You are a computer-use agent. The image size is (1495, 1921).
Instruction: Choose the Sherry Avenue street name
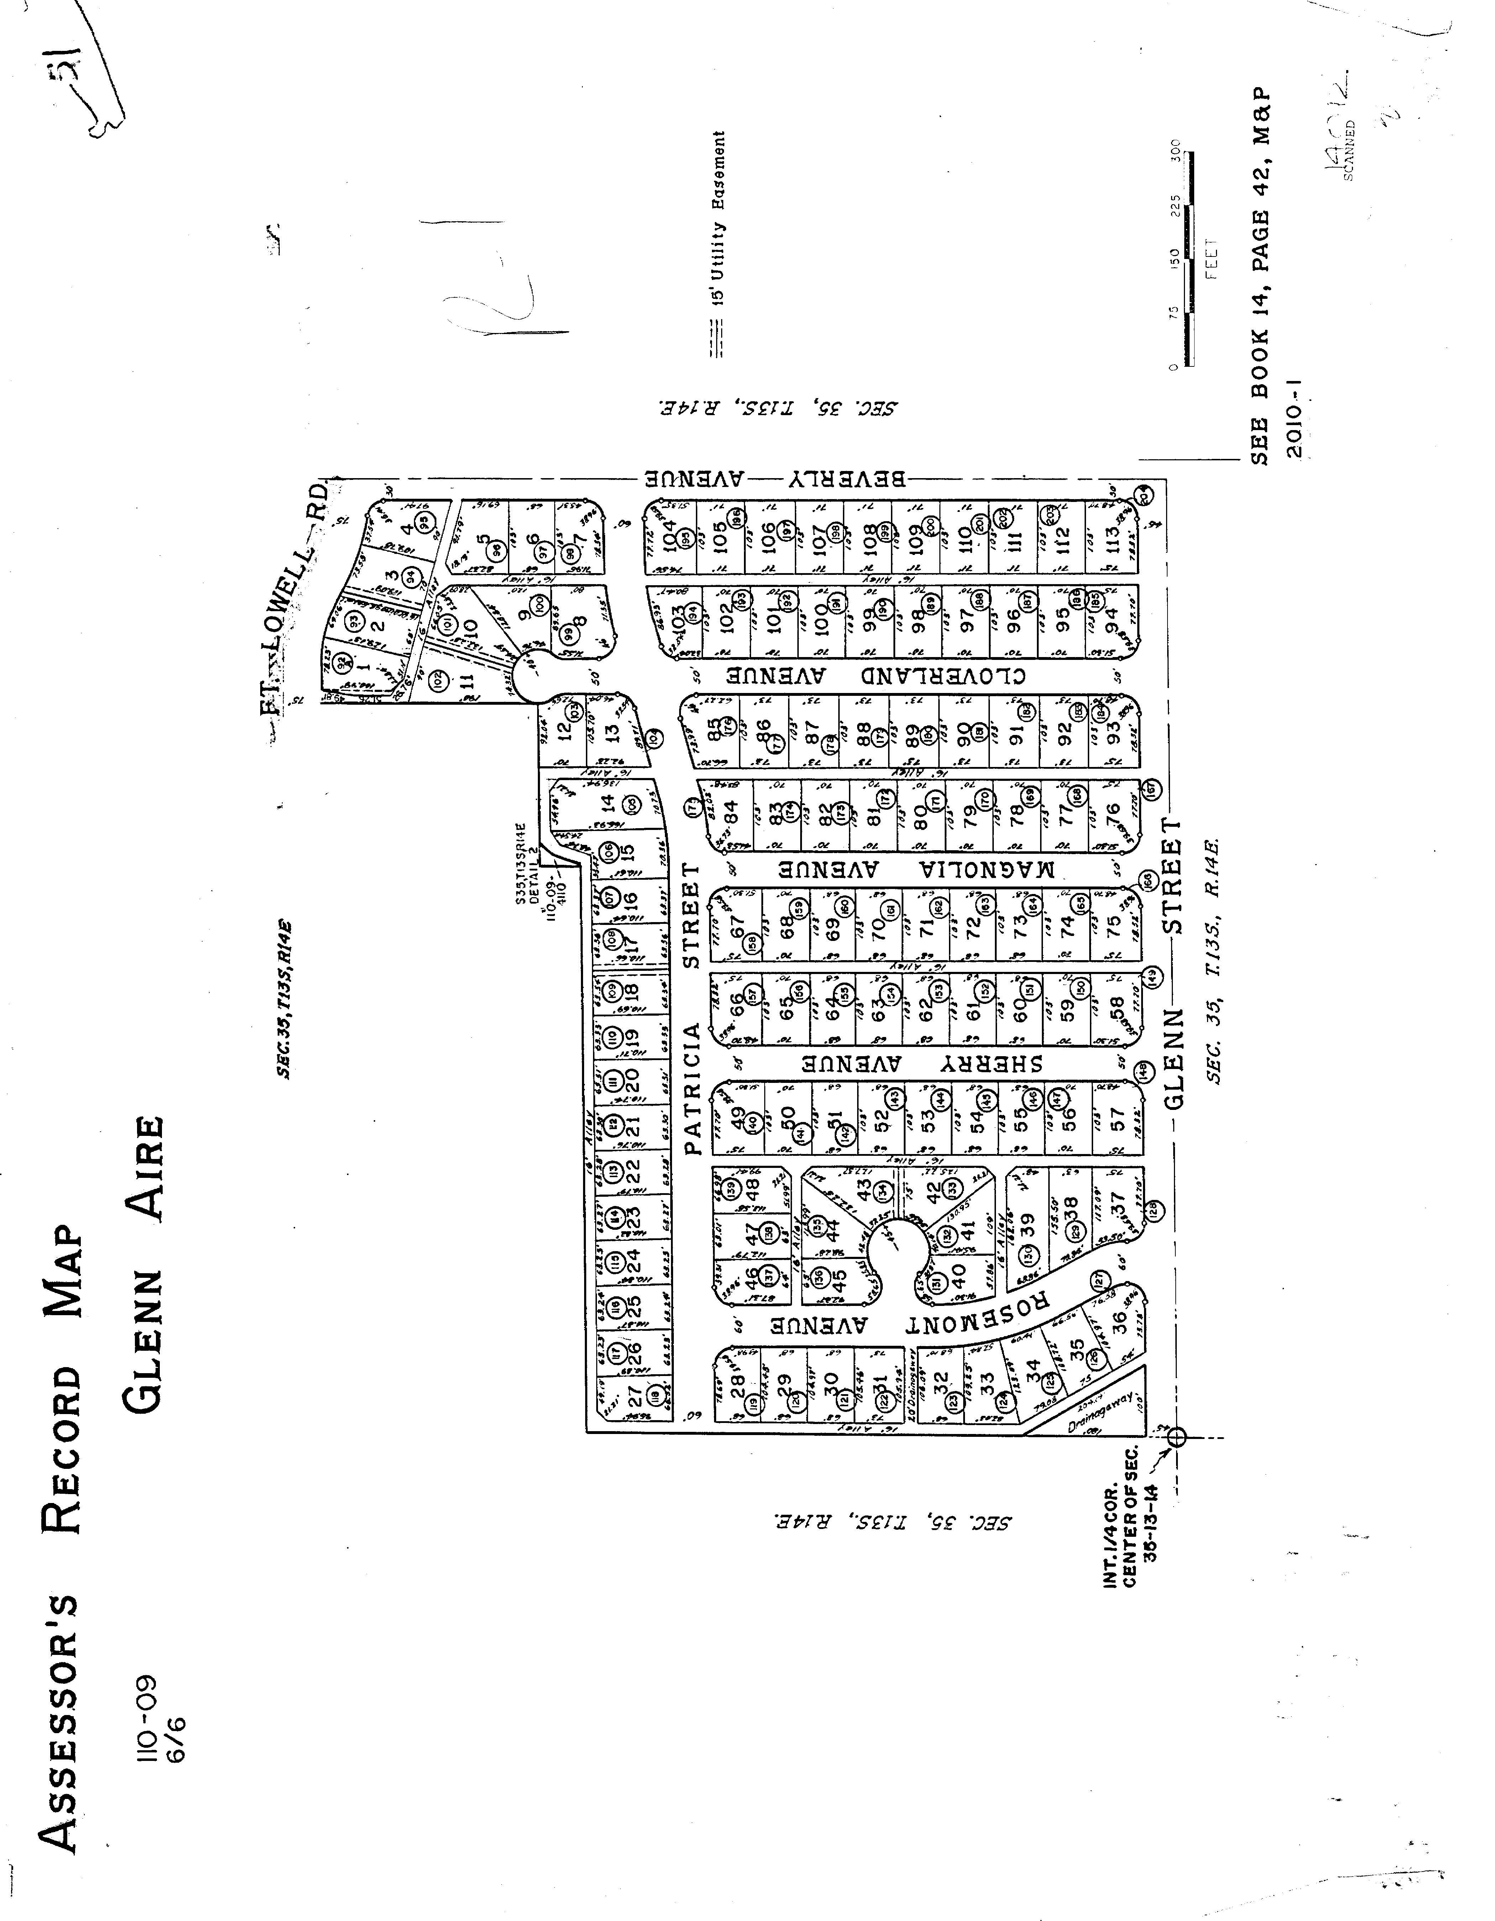coord(924,1063)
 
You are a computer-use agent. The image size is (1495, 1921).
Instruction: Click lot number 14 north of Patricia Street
coord(607,803)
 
